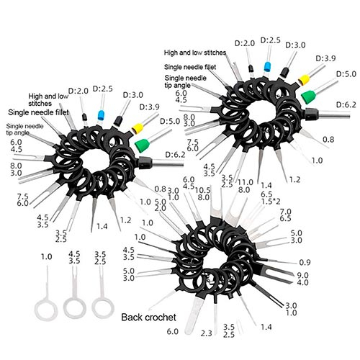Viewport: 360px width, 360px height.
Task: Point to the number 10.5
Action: coord(203,190)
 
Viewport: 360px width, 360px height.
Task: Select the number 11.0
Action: coord(246,182)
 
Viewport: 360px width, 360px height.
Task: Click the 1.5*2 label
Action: coord(271,202)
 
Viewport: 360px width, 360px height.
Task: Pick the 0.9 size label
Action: coord(305,263)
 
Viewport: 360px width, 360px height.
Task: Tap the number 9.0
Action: coord(302,275)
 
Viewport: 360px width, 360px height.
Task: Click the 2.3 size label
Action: coord(207,333)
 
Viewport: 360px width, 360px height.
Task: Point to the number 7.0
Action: coord(285,212)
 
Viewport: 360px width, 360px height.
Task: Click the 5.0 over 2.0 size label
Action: coord(161,204)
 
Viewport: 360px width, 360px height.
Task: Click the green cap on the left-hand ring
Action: coord(142,145)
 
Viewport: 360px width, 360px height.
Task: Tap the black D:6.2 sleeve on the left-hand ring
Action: coord(145,161)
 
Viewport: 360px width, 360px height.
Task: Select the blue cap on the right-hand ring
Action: coord(267,66)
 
